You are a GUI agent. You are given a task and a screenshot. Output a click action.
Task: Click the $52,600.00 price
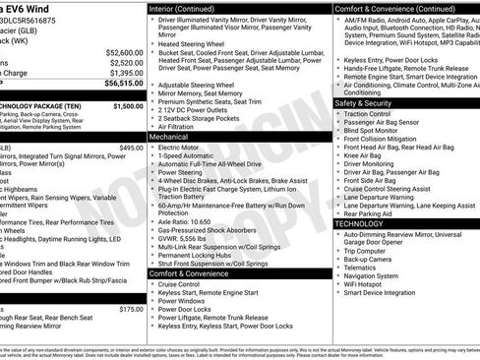pos(124,52)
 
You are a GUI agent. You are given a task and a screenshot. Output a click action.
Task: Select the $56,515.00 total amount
pos(124,85)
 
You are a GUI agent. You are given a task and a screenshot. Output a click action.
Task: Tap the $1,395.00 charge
pos(126,74)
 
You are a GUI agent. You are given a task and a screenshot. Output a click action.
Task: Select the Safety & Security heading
pos(363,102)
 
